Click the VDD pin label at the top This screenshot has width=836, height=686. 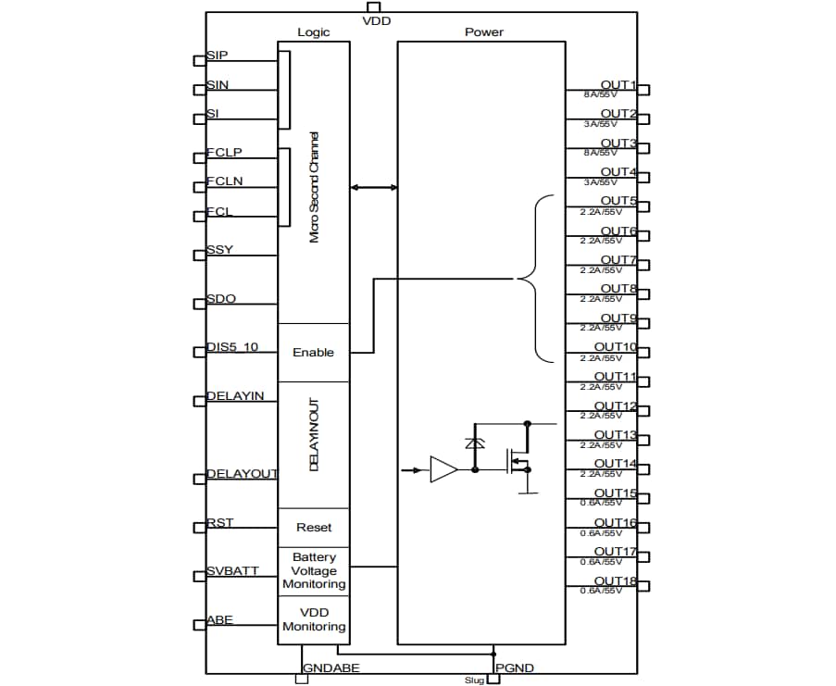[x=376, y=20]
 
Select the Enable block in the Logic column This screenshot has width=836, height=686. [x=313, y=353]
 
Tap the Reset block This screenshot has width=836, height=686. [x=313, y=528]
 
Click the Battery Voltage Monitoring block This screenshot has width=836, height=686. [x=314, y=571]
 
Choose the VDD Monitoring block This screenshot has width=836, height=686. [x=314, y=619]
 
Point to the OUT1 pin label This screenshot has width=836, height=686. [x=618, y=85]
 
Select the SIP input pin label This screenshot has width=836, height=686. [x=218, y=56]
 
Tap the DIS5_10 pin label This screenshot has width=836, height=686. [x=232, y=348]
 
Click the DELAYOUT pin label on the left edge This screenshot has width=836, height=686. [x=241, y=474]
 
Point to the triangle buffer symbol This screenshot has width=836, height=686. [x=443, y=470]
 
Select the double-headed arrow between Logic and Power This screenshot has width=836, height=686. [x=374, y=188]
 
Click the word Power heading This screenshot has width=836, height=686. [x=483, y=32]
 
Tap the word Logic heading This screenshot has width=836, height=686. [x=313, y=32]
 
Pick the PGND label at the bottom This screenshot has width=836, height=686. [x=514, y=667]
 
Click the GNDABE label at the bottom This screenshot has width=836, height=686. [x=331, y=667]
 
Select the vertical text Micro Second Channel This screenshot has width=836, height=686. [x=315, y=186]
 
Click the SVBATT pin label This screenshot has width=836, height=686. [x=232, y=571]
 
